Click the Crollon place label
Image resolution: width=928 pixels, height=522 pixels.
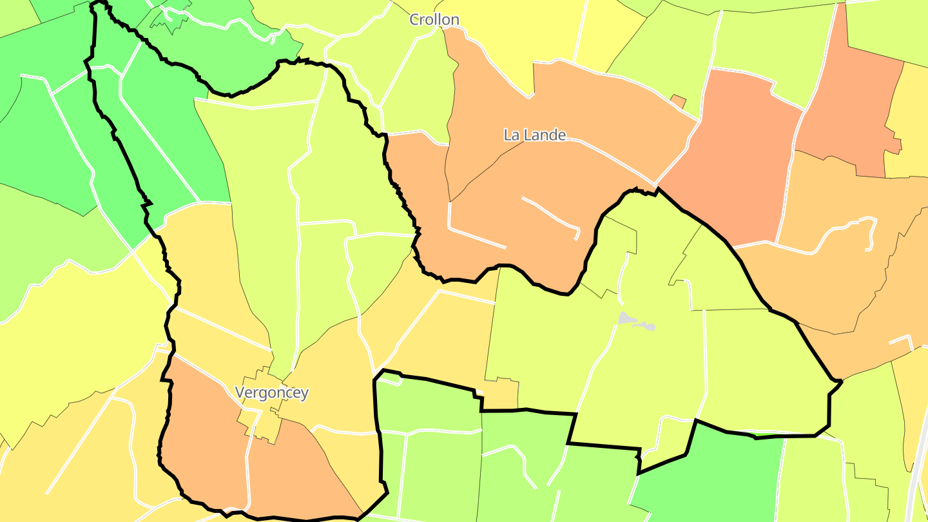click(434, 20)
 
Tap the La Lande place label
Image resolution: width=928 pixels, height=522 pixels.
click(534, 135)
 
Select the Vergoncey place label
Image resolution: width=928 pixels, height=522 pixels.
click(271, 392)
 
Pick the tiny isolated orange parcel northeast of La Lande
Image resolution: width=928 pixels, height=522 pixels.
click(677, 101)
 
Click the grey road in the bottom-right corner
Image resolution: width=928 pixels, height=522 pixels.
click(918, 477)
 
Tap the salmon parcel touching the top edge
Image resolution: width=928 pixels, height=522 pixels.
click(851, 97)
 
